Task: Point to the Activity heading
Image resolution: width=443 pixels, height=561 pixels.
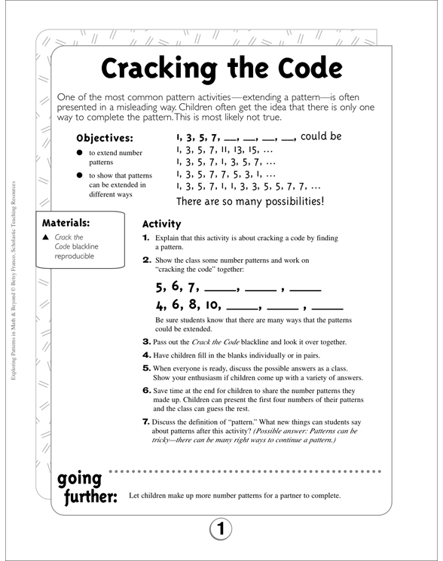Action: pos(161,224)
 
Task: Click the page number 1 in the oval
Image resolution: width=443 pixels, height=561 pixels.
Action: pos(221,530)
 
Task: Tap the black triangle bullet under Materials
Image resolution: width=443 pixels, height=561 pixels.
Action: pos(47,238)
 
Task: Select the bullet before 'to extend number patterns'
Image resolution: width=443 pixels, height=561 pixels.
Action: pos(78,153)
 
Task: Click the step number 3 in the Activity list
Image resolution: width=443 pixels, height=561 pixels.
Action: pos(147,341)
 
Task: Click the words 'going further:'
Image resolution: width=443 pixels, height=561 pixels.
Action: pos(84,490)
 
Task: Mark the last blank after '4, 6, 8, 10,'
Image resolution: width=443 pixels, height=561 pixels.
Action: pos(327,308)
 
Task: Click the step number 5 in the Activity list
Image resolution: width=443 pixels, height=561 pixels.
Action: pos(147,367)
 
